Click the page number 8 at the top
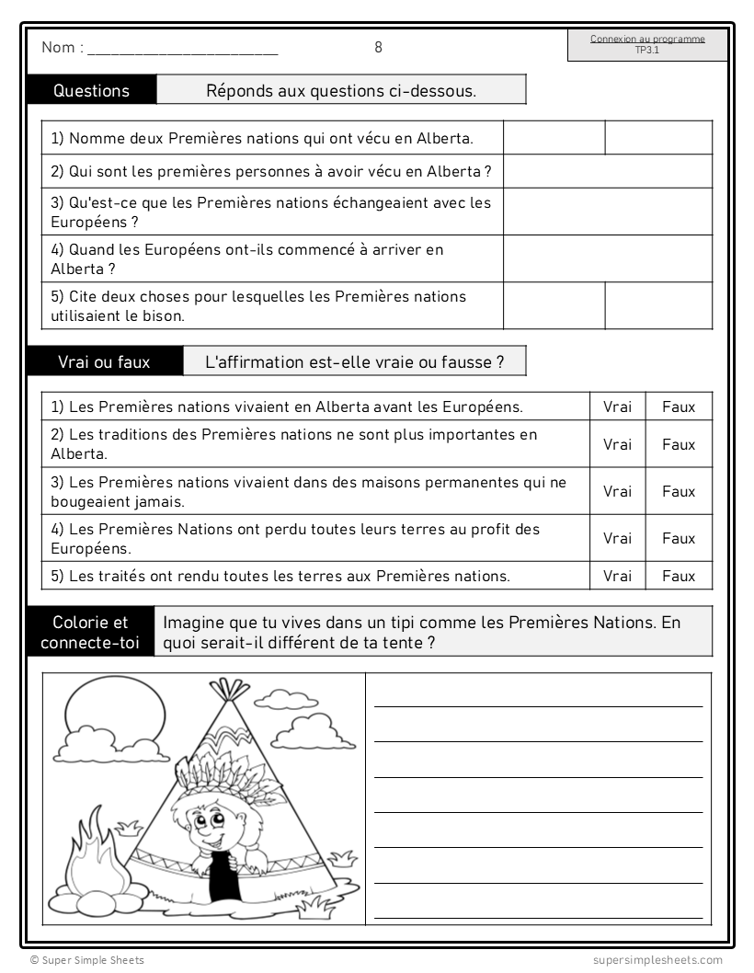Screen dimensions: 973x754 378,48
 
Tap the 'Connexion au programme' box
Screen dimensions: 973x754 647,45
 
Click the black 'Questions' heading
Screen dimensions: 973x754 92,90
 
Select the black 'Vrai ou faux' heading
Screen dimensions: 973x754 104,361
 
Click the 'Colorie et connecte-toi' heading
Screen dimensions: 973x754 91,632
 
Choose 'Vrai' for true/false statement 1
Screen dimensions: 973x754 617,406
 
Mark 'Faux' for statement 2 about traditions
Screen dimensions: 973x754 679,444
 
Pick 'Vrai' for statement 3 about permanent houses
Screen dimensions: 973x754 617,491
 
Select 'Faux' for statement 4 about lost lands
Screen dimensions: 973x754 679,538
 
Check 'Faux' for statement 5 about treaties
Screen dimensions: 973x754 679,576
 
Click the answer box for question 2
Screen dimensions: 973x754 607,171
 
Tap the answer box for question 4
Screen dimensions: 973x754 607,258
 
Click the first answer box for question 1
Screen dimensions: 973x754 554,138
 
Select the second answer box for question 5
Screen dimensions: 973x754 658,305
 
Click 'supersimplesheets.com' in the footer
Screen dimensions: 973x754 657,960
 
